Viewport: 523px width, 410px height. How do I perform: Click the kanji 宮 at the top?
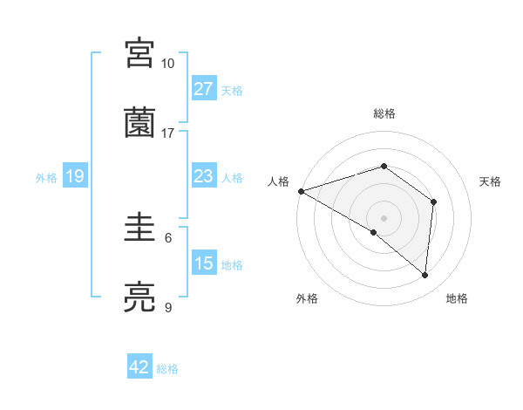(140, 54)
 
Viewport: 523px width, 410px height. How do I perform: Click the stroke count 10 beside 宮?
(168, 64)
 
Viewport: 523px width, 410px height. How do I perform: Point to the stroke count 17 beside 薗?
(168, 133)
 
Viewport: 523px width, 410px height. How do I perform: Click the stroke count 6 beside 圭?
(168, 237)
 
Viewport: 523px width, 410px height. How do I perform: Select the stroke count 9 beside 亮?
(168, 307)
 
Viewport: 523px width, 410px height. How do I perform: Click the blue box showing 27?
(204, 89)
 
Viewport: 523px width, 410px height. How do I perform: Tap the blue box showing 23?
(204, 177)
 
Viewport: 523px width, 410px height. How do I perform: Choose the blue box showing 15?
(204, 263)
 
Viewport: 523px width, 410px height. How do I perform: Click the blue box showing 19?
(75, 177)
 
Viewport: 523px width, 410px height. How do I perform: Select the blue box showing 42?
(139, 368)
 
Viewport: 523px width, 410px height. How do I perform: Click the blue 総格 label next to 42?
(167, 369)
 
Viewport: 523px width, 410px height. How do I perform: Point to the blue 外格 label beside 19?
(46, 178)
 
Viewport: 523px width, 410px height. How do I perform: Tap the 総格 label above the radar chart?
(384, 113)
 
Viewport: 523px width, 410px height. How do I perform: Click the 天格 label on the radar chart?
(491, 181)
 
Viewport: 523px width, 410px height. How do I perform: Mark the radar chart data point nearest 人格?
(301, 190)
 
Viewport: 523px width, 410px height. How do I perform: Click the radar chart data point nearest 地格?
(425, 276)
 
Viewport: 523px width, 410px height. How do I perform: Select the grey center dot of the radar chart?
(384, 217)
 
